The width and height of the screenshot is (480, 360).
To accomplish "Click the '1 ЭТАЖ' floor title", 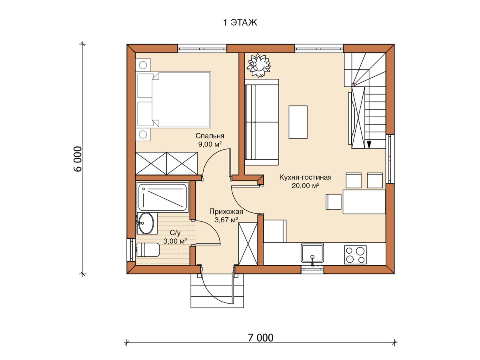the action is tap(240, 22).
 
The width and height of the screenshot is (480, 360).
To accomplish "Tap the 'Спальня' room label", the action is tap(210, 136).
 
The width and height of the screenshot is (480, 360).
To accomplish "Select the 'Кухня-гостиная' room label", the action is tap(305, 177).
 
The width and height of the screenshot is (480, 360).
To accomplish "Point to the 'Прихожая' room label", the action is tap(226, 211).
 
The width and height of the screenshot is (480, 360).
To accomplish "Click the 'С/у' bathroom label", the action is tap(175, 233).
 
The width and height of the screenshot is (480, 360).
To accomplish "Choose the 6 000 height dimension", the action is tap(78, 159).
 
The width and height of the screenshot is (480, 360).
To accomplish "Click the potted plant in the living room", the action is tap(259, 65).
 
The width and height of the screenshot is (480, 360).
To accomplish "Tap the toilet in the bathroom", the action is tap(148, 250).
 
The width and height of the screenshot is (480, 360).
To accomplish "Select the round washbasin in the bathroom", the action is tap(146, 223).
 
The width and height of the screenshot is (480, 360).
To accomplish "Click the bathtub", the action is tap(163, 197).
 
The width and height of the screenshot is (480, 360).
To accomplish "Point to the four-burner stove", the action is tap(355, 255).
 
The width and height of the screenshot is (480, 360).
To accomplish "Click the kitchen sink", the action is tap(312, 253).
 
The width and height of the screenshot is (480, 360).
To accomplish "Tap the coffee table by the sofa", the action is tap(298, 122).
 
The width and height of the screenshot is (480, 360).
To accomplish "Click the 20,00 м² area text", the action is tap(305, 186).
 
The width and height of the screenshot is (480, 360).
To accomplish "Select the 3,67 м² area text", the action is tap(226, 220).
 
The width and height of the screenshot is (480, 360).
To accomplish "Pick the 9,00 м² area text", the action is tap(210, 144).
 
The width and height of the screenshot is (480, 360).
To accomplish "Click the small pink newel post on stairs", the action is tap(353, 85).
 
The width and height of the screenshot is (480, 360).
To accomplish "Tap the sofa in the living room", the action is tap(262, 122).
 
